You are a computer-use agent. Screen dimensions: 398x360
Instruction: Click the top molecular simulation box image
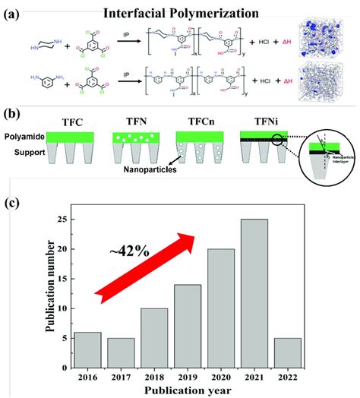tap(322, 39)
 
